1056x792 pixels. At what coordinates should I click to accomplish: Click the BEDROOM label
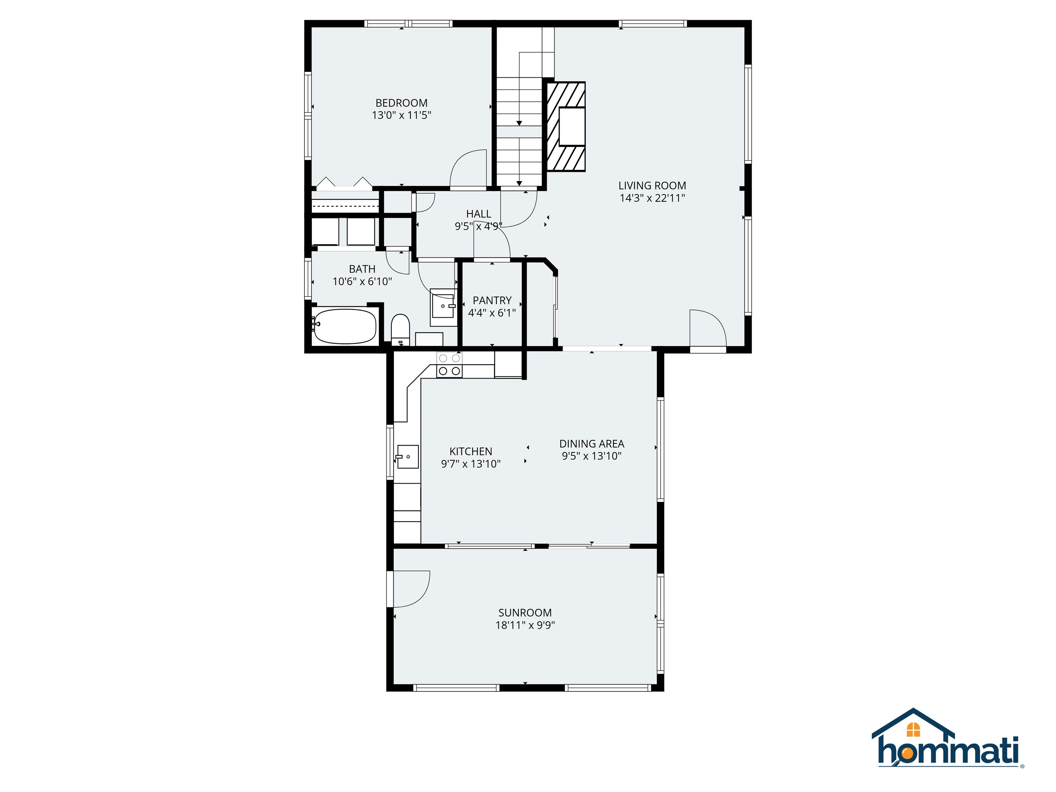coord(401,103)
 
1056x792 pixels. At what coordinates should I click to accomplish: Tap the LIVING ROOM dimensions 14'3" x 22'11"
coord(652,198)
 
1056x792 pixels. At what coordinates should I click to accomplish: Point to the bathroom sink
coord(442,306)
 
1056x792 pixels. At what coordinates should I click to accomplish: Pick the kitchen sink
coord(408,457)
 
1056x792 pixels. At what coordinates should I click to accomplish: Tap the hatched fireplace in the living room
coord(566,126)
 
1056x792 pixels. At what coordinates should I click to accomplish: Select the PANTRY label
coord(492,301)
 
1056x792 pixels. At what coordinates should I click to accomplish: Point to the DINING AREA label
coord(592,443)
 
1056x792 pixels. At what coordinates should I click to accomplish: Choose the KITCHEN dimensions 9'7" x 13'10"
coord(471,464)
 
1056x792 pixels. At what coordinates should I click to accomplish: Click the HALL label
coord(478,214)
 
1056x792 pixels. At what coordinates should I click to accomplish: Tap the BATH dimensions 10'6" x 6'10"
coord(362,282)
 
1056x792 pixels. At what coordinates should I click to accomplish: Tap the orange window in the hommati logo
coord(913,729)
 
